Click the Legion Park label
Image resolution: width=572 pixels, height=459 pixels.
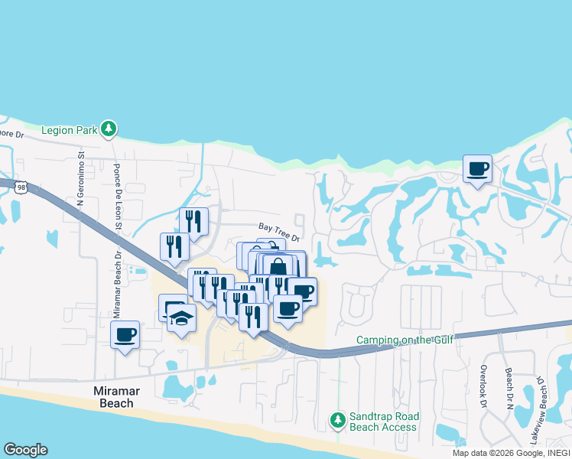(70, 130)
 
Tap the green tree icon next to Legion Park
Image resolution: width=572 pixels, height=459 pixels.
(109, 129)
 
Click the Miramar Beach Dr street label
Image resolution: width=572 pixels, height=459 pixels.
(118, 284)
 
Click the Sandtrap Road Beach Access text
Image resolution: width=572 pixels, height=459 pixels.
(384, 421)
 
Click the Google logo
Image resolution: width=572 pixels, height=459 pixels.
(25, 450)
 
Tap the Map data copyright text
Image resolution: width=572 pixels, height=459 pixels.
(510, 453)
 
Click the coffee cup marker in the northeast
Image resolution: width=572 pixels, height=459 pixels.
(477, 169)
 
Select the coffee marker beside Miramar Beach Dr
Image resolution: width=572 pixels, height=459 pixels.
(125, 335)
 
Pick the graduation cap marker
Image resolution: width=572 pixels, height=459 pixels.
(181, 320)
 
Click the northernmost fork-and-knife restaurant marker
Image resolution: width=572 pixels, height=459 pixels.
(193, 223)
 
